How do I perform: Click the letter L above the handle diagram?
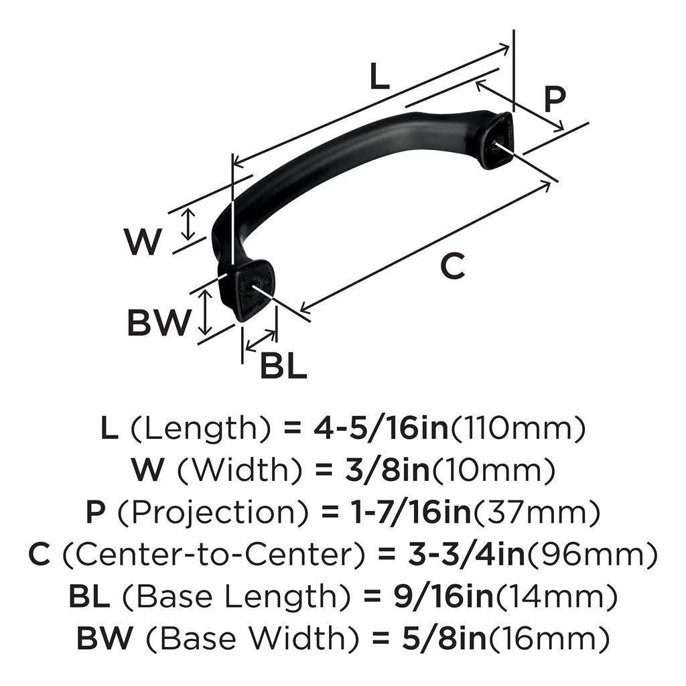tap(379, 78)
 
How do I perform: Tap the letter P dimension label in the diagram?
tap(554, 99)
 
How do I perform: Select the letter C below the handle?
tap(452, 267)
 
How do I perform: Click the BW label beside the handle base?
tap(159, 324)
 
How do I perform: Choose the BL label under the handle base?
tap(282, 366)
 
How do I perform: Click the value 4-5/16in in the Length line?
tap(381, 428)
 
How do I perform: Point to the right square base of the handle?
tap(496, 140)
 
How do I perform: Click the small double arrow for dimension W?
tap(190, 224)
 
